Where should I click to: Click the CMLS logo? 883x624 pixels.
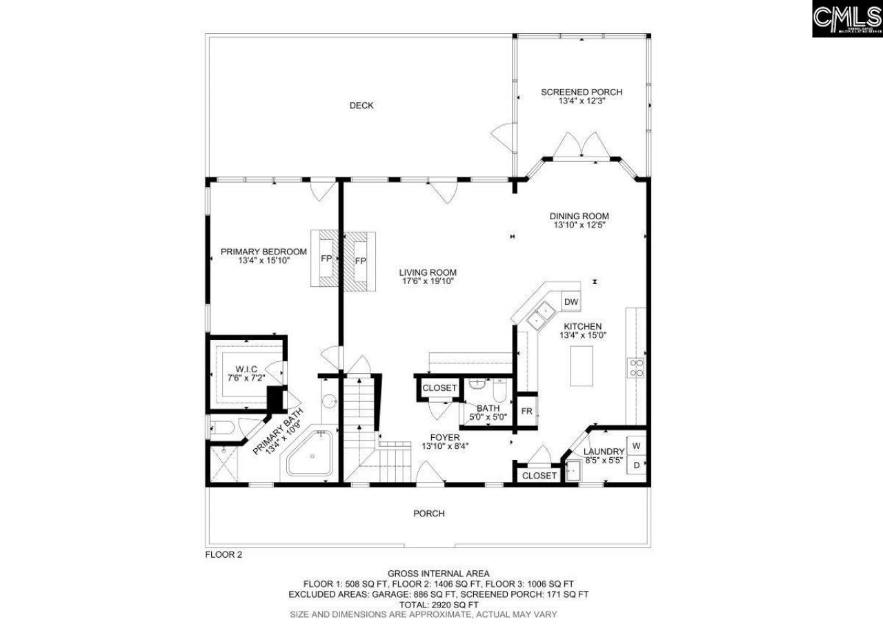coord(846,19)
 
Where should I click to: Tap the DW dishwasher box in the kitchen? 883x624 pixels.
coord(571,301)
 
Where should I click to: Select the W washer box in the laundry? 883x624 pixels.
coord(636,445)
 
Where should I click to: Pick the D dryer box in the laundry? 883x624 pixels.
coord(636,466)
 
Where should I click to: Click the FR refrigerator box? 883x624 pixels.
coord(526,412)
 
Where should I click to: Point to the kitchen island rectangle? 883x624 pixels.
coord(582,365)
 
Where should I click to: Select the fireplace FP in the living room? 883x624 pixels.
coord(359,261)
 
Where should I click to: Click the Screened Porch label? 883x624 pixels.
coord(581,92)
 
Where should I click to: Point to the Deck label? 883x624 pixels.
coord(361,105)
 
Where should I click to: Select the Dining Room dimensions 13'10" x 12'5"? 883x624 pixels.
coord(579,225)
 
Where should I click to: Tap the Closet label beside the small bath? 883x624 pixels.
coord(439,388)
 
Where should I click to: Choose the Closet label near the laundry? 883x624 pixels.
coord(539,476)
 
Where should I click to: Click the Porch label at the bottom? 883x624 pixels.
coord(428,513)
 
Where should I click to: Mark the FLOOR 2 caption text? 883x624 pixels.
coord(224,554)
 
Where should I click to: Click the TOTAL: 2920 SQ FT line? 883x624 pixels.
coord(438,603)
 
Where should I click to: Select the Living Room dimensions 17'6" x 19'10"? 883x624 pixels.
coord(428,281)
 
